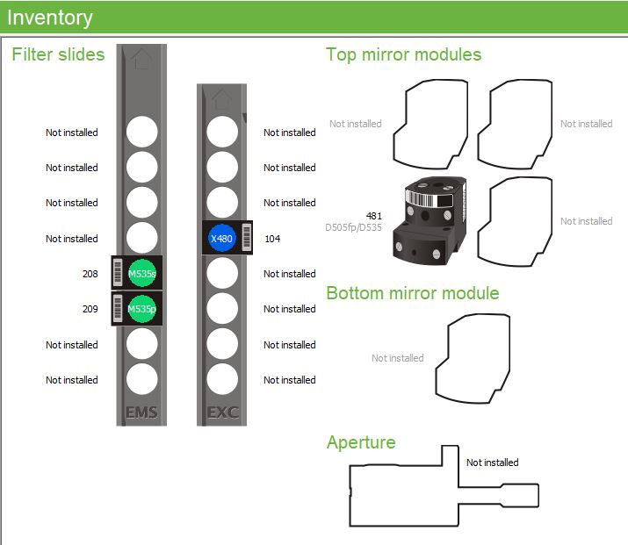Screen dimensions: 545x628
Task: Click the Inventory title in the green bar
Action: tap(49, 17)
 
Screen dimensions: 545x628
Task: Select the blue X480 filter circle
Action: tap(222, 238)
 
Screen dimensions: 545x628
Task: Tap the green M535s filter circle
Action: tap(141, 274)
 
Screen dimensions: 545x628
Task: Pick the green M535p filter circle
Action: tap(141, 309)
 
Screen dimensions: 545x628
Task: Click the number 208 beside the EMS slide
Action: tap(90, 274)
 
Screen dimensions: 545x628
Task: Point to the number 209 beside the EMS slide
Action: tap(90, 309)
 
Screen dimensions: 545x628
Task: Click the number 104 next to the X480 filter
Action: tap(272, 238)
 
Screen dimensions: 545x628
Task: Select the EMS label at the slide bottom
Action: tap(141, 412)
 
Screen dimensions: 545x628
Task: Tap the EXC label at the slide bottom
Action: tap(222, 412)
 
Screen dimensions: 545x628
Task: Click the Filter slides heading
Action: tap(58, 54)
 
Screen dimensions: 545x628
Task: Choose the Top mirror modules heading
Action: tap(403, 54)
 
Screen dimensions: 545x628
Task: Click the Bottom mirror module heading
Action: tap(412, 293)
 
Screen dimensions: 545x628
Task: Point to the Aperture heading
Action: tap(360, 442)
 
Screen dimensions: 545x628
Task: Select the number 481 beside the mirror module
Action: tap(373, 215)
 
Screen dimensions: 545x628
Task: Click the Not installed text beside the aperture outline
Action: tap(492, 463)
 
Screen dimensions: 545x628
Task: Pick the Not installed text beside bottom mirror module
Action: tap(397, 358)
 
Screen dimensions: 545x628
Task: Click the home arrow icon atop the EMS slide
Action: tap(141, 59)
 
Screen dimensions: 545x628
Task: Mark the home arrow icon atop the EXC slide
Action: tap(222, 97)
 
